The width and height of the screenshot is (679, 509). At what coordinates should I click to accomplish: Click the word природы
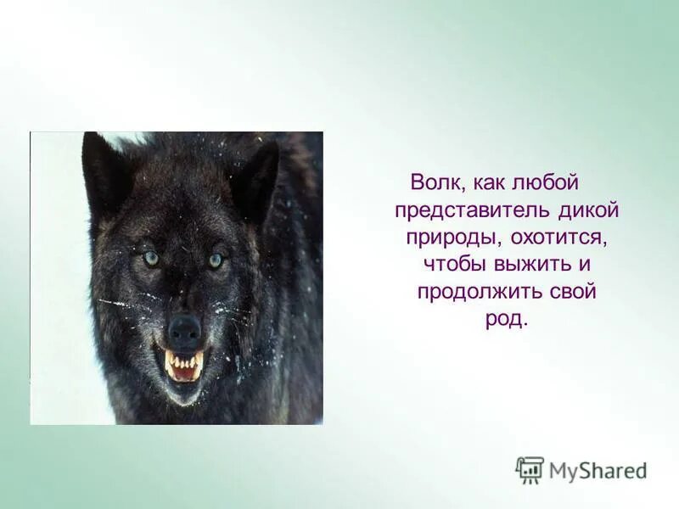coord(446,237)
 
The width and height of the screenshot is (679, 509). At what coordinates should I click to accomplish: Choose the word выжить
coord(537,264)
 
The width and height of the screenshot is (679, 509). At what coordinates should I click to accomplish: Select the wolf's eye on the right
coord(216,260)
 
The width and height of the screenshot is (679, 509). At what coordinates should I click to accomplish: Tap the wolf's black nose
coord(184,327)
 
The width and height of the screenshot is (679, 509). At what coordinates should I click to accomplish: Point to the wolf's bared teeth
coord(184,366)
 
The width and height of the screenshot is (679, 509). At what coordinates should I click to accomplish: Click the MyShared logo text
coord(598,470)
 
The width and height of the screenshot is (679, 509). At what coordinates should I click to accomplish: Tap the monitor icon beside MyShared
coord(530,469)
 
